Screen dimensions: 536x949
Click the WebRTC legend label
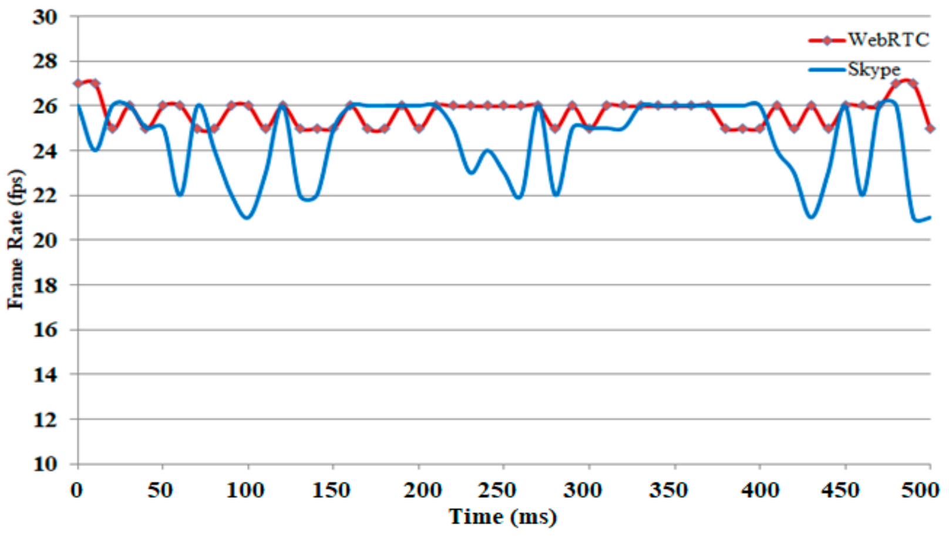tap(888, 40)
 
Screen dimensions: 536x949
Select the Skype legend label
tap(874, 69)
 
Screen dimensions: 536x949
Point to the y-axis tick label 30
tap(45, 17)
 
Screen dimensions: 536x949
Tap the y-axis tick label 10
tap(45, 464)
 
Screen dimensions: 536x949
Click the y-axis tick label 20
tap(45, 240)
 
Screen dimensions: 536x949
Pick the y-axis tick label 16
tap(45, 330)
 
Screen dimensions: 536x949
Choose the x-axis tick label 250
tap(502, 490)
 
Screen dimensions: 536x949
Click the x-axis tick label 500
tap(921, 490)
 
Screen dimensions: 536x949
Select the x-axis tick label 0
tap(77, 490)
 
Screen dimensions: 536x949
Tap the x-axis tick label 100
tap(247, 490)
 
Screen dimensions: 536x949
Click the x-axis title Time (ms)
tap(503, 517)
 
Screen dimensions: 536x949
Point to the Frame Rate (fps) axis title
tap(16, 239)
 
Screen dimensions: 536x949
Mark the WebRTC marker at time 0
tap(78, 83)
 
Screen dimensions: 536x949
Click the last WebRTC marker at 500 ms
tap(930, 128)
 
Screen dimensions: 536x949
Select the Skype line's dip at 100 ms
tap(247, 218)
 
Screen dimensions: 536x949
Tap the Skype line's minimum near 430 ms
tap(811, 217)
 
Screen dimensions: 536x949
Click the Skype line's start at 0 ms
tap(78, 106)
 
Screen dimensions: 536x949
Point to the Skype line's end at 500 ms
tap(930, 217)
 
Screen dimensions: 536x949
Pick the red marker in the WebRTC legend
tap(827, 41)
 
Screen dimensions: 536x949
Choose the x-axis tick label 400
tap(760, 490)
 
